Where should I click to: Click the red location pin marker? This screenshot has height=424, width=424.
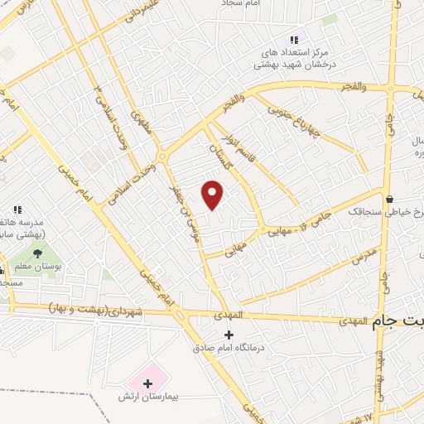click(213, 195)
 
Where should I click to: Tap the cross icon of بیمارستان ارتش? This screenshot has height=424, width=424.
click(148, 383)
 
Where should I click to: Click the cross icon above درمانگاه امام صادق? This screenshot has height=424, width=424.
click(229, 335)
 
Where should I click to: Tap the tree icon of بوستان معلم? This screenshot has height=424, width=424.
click(36, 253)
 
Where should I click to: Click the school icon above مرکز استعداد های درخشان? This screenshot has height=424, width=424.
click(291, 39)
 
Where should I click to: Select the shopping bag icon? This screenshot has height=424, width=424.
click(389, 198)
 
